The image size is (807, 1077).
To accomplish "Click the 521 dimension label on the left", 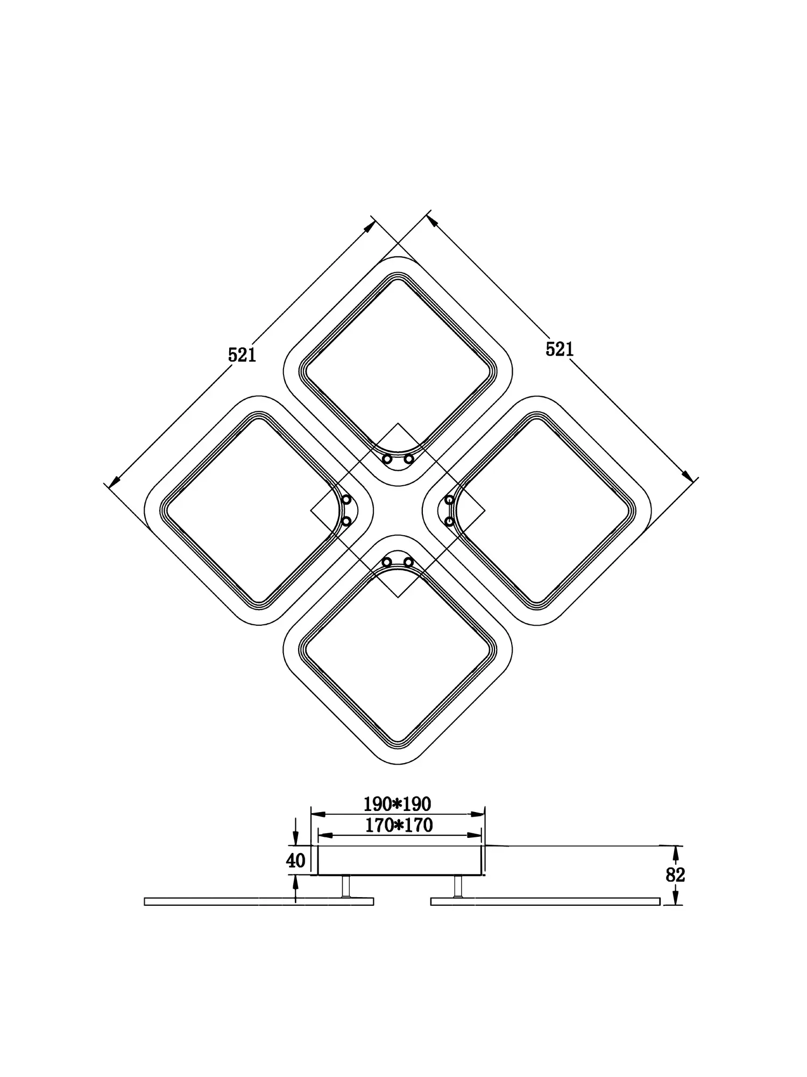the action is [242, 355].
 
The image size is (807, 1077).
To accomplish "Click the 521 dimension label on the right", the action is [560, 349].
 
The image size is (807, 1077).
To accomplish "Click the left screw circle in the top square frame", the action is [387, 459].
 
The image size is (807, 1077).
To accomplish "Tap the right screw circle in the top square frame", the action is [409, 459].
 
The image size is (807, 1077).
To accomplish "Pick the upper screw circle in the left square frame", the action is [346, 499].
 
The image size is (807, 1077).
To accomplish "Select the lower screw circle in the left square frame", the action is [346, 521].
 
